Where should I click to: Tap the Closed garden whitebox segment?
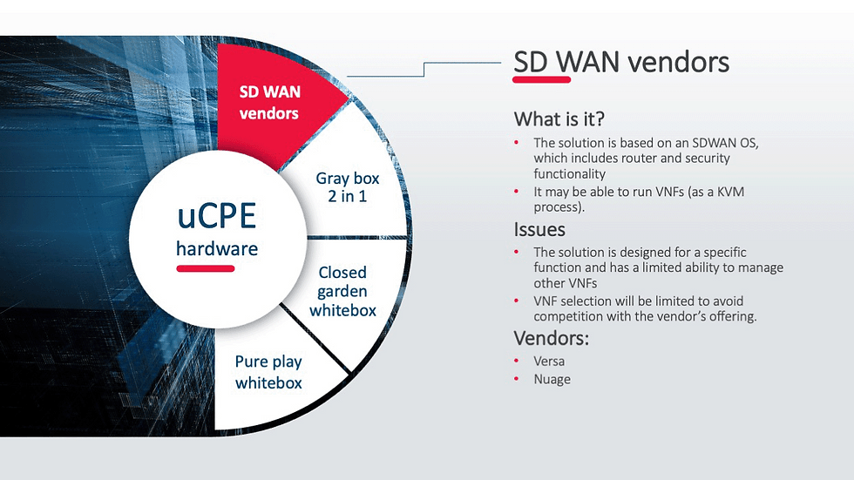click(342, 291)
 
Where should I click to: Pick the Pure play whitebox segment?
click(268, 371)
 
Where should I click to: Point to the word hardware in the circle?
click(217, 248)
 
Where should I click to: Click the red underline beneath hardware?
click(206, 268)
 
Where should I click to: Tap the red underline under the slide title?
click(542, 79)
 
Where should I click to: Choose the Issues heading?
click(539, 229)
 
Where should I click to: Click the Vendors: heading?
click(552, 338)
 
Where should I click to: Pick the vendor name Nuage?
click(552, 379)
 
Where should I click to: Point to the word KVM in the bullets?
click(735, 191)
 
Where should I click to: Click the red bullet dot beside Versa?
click(516, 361)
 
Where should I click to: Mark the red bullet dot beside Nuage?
click(516, 379)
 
